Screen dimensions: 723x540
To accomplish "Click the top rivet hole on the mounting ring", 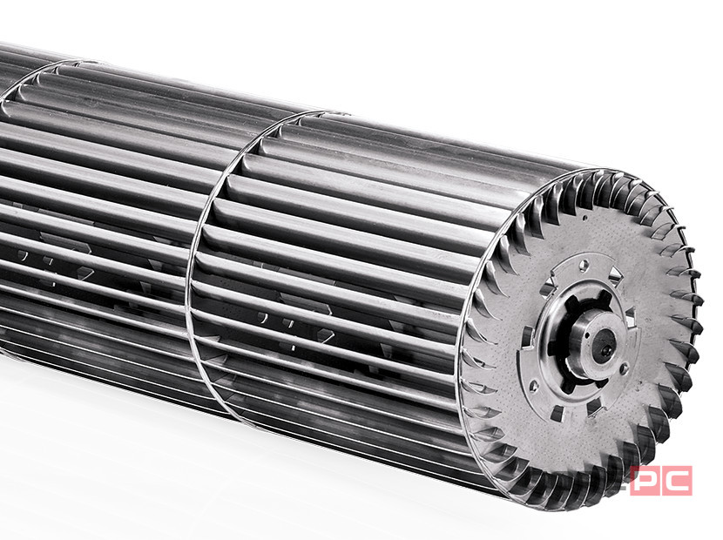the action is pyautogui.click(x=584, y=265).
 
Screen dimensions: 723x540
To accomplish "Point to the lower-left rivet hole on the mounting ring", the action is pyautogui.click(x=534, y=384).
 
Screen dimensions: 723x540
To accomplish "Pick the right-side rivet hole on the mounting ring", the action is pyautogui.click(x=624, y=368).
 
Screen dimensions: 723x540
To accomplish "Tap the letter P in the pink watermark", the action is pyautogui.click(x=646, y=481).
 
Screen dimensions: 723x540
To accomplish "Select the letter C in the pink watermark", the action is pyautogui.click(x=677, y=481).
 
